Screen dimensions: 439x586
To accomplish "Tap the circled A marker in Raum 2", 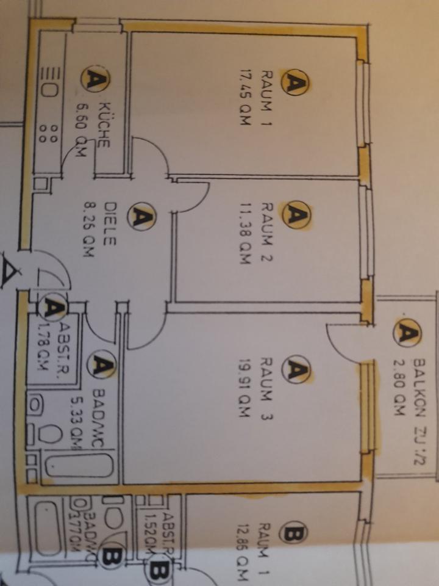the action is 296,215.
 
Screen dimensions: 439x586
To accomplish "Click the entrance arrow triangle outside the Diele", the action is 9,270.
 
